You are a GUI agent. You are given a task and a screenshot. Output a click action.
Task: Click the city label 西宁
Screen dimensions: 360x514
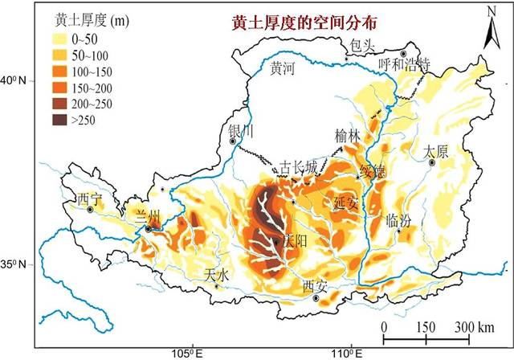pyautogui.click(x=88, y=198)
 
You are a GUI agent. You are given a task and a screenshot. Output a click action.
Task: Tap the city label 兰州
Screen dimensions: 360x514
pyautogui.click(x=149, y=215)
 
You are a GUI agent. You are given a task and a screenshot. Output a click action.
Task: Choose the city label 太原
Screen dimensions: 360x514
pyautogui.click(x=435, y=150)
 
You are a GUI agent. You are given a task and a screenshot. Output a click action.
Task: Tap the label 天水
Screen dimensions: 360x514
pyautogui.click(x=217, y=274)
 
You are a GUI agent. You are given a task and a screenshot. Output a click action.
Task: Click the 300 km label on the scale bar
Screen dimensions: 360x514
pyautogui.click(x=474, y=326)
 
